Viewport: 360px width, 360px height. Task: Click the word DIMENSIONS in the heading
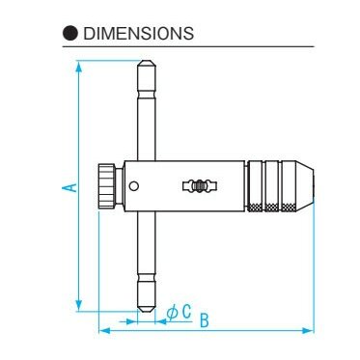pos(139,34)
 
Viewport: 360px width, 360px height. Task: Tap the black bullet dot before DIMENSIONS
pos(70,34)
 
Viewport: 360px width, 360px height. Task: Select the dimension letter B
pos(205,319)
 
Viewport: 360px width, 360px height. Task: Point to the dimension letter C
pos(186,311)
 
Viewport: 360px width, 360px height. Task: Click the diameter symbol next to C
pos(172,312)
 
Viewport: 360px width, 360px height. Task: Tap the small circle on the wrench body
pos(133,186)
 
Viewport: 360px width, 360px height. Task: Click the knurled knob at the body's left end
pos(106,186)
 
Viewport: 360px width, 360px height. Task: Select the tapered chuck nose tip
pos(307,186)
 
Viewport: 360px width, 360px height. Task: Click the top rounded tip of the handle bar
pos(147,64)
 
